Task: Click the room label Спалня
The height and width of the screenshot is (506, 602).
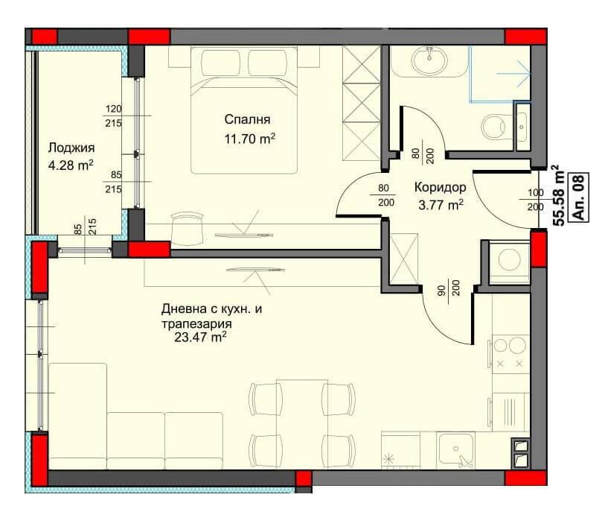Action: click(x=247, y=119)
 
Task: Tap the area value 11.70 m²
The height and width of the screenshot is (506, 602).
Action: click(x=249, y=139)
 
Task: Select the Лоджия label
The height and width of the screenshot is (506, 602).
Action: click(x=71, y=148)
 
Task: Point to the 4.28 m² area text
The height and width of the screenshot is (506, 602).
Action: click(x=71, y=165)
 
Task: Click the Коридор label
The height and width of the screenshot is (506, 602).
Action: click(x=440, y=187)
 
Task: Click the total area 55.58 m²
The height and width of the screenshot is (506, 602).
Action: click(x=558, y=195)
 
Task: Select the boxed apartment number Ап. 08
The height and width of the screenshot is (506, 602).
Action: click(x=579, y=197)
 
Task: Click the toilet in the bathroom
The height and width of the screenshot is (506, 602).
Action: click(x=496, y=126)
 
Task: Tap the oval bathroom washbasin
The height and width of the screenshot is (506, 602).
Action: click(x=429, y=60)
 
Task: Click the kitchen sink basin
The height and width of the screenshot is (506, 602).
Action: click(x=457, y=449)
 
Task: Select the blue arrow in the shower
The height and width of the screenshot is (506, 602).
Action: click(x=513, y=74)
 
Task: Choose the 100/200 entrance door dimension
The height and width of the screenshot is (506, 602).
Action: click(x=536, y=200)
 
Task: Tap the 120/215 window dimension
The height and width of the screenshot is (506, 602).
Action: click(x=114, y=116)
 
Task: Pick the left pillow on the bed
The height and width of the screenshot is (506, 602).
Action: click(x=221, y=63)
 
